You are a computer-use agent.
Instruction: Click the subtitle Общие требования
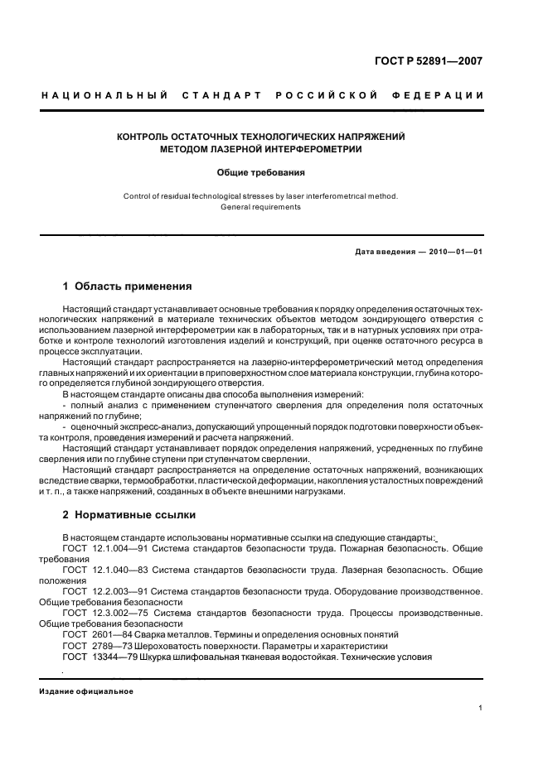261,173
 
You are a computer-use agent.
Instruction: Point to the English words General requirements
260,207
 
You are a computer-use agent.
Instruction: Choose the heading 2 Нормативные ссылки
129,513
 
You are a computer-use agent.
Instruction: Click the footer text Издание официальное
86,691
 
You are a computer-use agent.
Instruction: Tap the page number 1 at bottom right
481,708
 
